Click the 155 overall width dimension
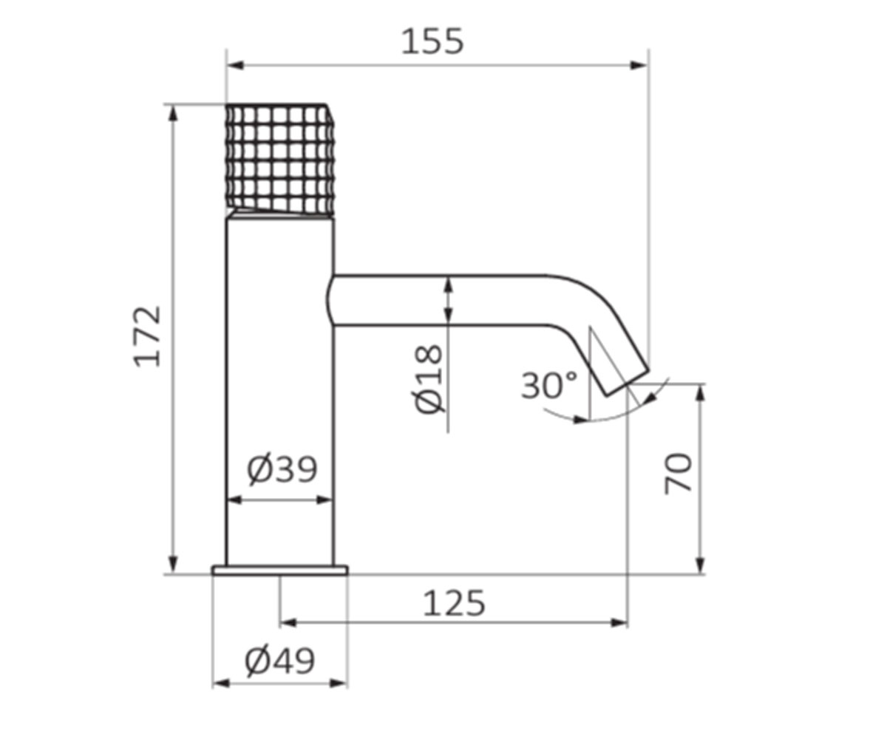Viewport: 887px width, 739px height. pyautogui.click(x=432, y=41)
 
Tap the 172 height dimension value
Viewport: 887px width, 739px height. pyautogui.click(x=147, y=336)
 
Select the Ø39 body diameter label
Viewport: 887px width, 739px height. pyautogui.click(x=282, y=470)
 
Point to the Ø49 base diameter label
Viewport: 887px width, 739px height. pyautogui.click(x=280, y=661)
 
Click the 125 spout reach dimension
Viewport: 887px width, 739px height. pyautogui.click(x=454, y=603)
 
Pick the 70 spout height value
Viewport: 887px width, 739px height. pyautogui.click(x=678, y=474)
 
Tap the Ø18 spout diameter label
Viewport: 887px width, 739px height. pyautogui.click(x=429, y=379)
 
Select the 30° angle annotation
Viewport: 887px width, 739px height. pyautogui.click(x=549, y=385)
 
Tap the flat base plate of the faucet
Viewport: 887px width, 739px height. pyautogui.click(x=280, y=571)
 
